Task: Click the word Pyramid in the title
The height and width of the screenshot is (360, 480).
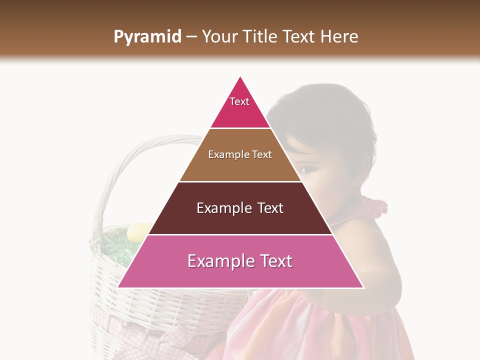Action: pyautogui.click(x=147, y=37)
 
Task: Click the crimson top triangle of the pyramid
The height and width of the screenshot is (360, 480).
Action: pyautogui.click(x=240, y=112)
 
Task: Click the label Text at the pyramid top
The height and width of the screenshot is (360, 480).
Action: pyautogui.click(x=239, y=101)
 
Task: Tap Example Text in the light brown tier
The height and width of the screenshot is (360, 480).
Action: pyautogui.click(x=240, y=154)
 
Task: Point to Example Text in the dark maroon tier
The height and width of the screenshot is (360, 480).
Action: pyautogui.click(x=240, y=208)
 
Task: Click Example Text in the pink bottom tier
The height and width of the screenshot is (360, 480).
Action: pyautogui.click(x=240, y=261)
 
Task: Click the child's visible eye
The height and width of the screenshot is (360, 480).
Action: pyautogui.click(x=306, y=170)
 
